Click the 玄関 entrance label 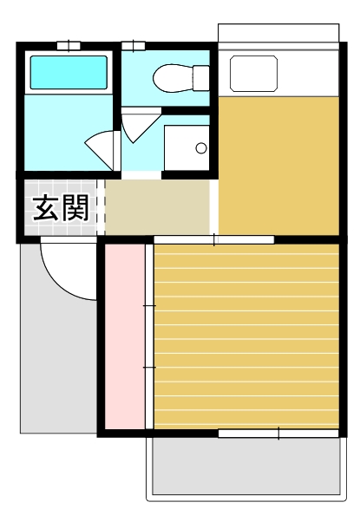coord(61,209)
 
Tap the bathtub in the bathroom coord(69,73)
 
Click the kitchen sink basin coord(252,74)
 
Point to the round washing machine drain coord(201,148)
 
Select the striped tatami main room coord(245,336)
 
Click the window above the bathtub coord(69,45)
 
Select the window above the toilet coord(134,45)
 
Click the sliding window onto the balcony coord(278,432)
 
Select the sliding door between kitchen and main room coord(214,239)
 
